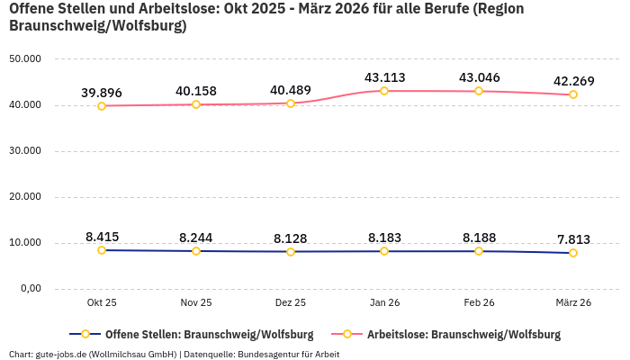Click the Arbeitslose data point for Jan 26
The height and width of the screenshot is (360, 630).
coord(384,91)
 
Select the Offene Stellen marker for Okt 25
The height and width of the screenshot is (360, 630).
coord(102,250)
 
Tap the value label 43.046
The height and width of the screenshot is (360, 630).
coord(479,77)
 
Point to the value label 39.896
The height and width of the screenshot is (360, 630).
coord(102,93)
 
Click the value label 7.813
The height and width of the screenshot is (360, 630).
coord(573,239)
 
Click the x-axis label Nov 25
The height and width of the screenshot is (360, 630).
coord(196,303)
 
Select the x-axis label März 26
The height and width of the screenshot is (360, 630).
coord(572,303)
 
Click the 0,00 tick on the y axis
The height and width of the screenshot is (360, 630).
coord(30,289)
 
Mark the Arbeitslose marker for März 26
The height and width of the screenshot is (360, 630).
coord(573,94)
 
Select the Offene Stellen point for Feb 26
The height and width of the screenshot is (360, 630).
coord(479,251)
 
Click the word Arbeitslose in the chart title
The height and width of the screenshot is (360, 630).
coord(161,8)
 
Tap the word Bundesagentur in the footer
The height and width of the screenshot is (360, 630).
coord(267,354)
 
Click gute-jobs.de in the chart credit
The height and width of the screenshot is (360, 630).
coord(60,354)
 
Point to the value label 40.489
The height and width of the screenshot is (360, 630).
coord(290,90)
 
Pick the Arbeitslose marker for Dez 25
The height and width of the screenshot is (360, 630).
coord(290,103)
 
